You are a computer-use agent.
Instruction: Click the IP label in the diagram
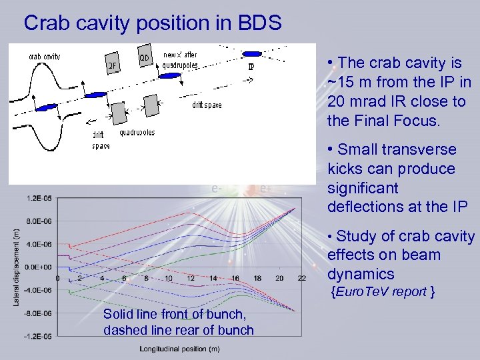point(251,67)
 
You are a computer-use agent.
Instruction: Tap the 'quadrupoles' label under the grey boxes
point(137,132)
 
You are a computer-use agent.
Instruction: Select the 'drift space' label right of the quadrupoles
point(207,105)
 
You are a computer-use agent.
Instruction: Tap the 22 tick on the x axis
point(301,278)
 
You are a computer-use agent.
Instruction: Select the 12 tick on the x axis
point(191,278)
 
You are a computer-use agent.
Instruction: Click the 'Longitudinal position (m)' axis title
point(180,349)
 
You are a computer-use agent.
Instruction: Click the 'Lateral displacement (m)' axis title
point(15,267)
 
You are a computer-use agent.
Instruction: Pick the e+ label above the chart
point(265,188)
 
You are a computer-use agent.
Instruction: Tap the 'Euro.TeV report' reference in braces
point(385,291)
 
